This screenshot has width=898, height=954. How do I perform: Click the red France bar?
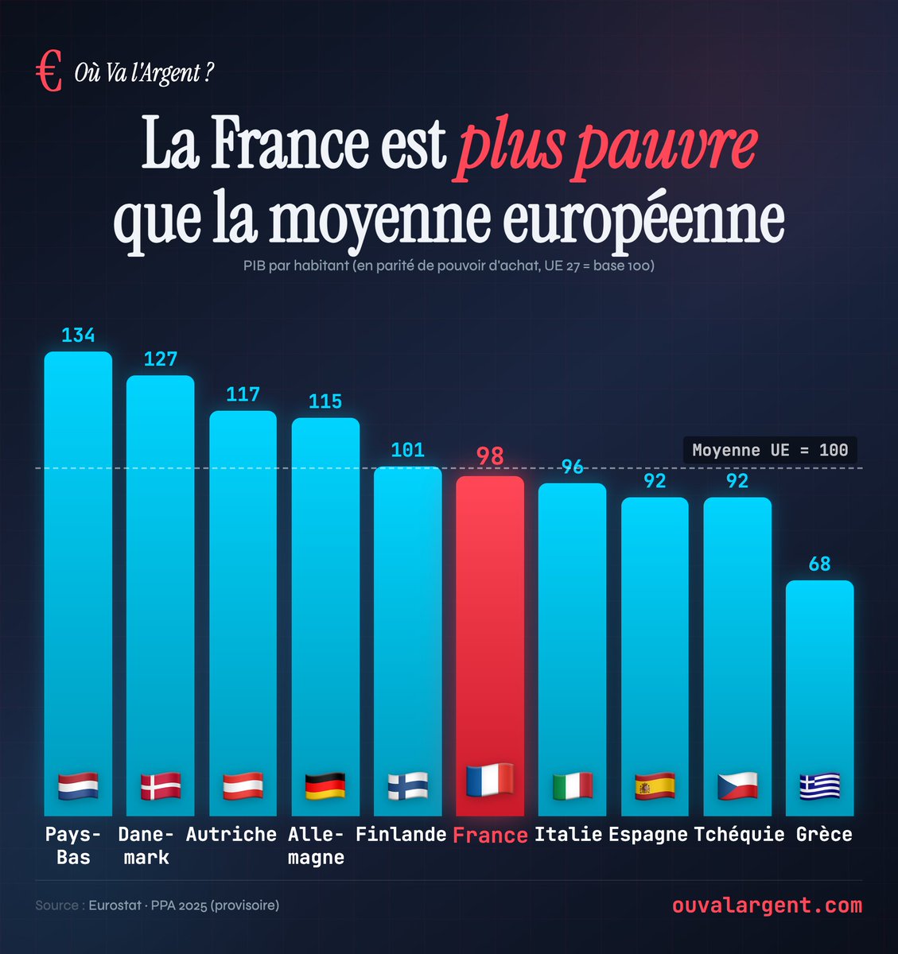490,636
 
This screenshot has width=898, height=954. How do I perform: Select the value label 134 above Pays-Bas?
78,335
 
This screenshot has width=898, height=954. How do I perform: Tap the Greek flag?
819,786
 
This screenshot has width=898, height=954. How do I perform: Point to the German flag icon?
325,786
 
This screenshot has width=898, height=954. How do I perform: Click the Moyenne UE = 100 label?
770,450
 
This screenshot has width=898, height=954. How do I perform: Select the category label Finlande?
401,835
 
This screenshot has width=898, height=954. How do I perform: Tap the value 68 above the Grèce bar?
819,564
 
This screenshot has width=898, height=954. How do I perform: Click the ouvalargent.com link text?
767,906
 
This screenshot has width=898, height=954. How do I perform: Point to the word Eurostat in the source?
115,906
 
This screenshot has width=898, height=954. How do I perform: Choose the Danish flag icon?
161,786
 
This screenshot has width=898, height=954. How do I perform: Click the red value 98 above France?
490,456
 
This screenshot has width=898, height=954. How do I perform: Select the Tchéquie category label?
739,835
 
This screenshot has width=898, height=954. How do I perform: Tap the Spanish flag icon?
655,786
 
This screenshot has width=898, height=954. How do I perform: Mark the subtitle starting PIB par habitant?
449,266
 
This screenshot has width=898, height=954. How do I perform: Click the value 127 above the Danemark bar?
161,359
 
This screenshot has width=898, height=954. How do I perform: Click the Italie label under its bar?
568,835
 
